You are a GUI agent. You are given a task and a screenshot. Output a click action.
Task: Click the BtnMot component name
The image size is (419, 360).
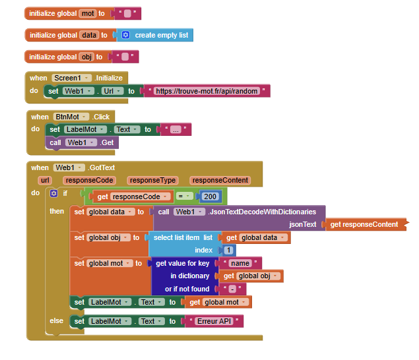(71, 117)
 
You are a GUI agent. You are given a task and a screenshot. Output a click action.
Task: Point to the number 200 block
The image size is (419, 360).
(210, 196)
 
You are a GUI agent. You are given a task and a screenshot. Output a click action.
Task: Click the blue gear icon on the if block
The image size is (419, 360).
(54, 194)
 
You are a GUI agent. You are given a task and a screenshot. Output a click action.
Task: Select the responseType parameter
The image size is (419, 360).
(153, 180)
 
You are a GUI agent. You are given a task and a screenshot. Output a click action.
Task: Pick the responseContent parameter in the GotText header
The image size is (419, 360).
(220, 180)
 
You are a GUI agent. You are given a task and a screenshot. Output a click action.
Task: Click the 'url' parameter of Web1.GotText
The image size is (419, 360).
(45, 180)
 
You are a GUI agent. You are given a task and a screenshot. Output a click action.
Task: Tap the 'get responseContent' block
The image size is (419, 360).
(364, 224)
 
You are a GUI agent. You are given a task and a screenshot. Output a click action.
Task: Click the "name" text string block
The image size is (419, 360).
(243, 263)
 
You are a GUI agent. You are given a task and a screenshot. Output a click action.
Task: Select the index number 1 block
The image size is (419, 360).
(228, 251)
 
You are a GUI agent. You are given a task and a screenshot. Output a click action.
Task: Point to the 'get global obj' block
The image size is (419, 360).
(251, 276)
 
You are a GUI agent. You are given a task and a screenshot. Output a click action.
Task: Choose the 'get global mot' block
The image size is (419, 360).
(217, 302)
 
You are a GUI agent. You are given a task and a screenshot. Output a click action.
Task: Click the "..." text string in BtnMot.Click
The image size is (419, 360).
(176, 130)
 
